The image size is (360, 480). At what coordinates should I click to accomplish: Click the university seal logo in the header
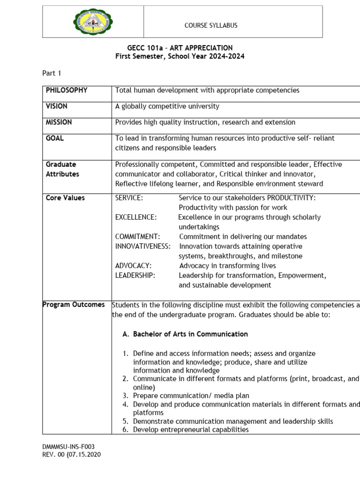pyautogui.click(x=93, y=22)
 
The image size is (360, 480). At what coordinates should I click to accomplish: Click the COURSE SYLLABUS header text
pyautogui.click(x=210, y=25)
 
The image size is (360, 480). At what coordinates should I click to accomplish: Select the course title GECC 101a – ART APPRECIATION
pyautogui.click(x=180, y=48)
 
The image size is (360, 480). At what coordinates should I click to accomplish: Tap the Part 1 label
pyautogui.click(x=52, y=73)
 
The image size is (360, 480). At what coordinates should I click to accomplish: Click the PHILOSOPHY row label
pyautogui.click(x=67, y=90)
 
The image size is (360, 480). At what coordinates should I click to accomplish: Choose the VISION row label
pyautogui.click(x=57, y=106)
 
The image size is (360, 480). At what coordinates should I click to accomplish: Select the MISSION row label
pyautogui.click(x=59, y=122)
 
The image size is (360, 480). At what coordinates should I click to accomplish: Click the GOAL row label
pyautogui.click(x=55, y=138)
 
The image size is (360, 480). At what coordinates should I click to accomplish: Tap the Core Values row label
pyautogui.click(x=65, y=198)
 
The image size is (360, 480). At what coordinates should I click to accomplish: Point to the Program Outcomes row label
pyautogui.click(x=74, y=305)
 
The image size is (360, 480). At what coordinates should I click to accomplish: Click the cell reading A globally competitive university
pyautogui.click(x=167, y=106)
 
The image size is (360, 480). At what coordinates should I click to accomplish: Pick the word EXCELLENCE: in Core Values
pyautogui.click(x=136, y=217)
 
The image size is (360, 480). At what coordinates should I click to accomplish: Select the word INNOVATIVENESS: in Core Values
pyautogui.click(x=143, y=247)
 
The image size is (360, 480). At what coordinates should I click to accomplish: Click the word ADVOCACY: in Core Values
pyautogui.click(x=133, y=266)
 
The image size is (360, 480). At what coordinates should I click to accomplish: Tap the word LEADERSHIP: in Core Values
pyautogui.click(x=135, y=276)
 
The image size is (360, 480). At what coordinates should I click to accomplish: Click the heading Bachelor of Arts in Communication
pyautogui.click(x=190, y=334)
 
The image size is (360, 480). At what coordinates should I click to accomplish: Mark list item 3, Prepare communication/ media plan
pyautogui.click(x=191, y=396)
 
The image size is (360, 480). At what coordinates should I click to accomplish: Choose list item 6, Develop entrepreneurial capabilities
pyautogui.click(x=191, y=429)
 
